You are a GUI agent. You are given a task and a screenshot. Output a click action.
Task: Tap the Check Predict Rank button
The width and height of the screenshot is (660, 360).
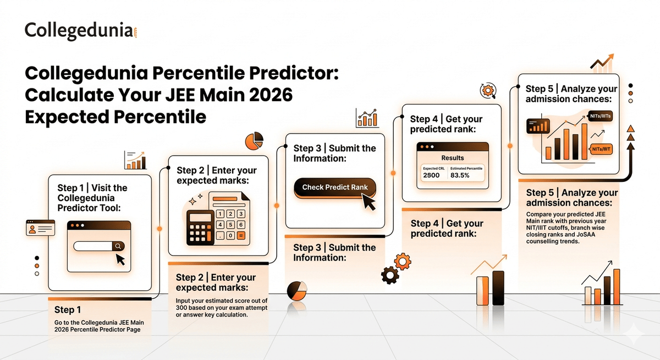point(334,187)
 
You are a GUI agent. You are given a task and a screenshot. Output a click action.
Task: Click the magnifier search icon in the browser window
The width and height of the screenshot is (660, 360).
point(118,246)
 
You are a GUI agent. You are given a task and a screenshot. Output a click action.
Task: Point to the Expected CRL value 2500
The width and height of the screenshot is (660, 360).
point(431,175)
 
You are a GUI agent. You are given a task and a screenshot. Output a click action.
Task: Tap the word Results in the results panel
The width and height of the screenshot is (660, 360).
point(453,158)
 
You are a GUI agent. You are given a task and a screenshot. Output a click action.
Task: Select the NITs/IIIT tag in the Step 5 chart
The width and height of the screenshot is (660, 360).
point(599,149)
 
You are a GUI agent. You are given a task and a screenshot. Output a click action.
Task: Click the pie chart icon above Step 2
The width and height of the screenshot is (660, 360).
point(252,141)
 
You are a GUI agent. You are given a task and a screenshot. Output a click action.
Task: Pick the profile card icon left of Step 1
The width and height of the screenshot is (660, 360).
point(40,228)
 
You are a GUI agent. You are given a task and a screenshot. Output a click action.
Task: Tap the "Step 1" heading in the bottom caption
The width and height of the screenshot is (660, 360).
point(68,309)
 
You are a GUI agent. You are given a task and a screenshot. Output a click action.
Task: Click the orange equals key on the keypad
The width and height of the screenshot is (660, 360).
point(240,235)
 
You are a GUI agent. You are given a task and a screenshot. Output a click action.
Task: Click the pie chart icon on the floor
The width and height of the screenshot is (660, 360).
point(297,291)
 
